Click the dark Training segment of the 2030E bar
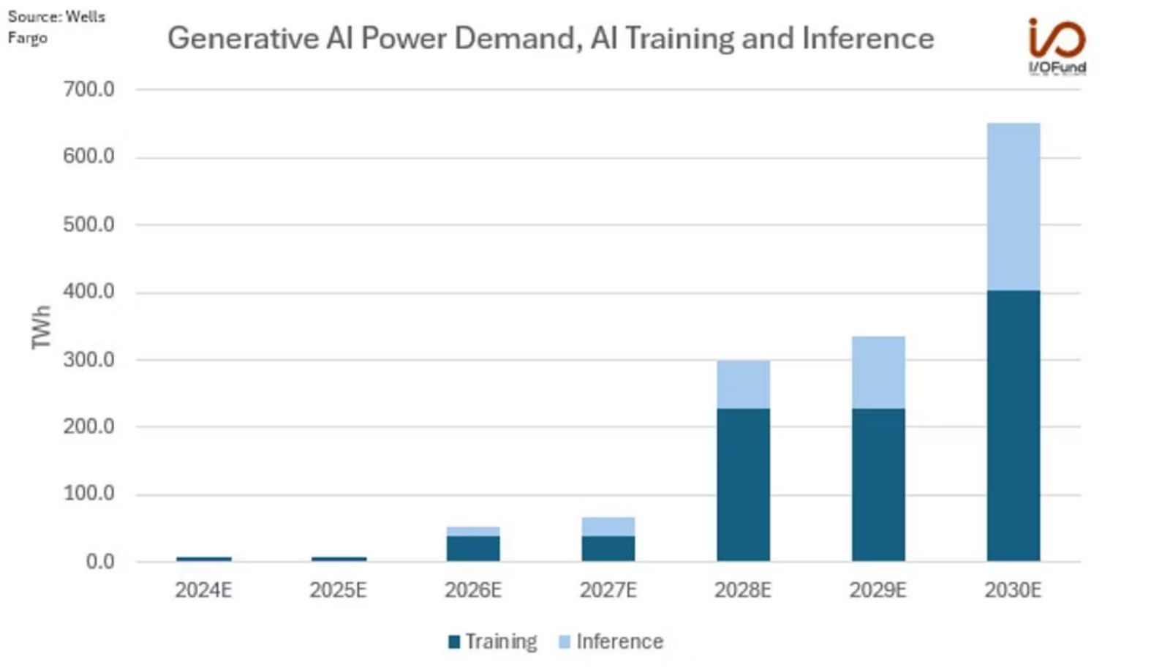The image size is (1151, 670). (1013, 426)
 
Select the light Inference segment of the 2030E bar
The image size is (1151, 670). (1013, 207)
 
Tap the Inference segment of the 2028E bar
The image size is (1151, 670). (743, 385)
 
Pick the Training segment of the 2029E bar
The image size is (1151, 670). (878, 484)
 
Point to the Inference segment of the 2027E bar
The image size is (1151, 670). (608, 527)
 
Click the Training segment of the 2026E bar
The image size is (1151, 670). (473, 549)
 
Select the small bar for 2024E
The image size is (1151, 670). (204, 559)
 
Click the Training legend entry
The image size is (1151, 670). (492, 641)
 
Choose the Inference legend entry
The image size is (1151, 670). (611, 641)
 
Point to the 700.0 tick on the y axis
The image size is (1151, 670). (88, 89)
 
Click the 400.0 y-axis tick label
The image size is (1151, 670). (88, 292)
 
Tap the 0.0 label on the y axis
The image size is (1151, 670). (99, 562)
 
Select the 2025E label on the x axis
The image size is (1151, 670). (338, 590)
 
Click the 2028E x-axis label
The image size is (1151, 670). (743, 590)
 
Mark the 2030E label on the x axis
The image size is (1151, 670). (1013, 590)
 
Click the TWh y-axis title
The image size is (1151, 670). (42, 327)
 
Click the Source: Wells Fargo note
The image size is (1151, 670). (56, 27)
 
